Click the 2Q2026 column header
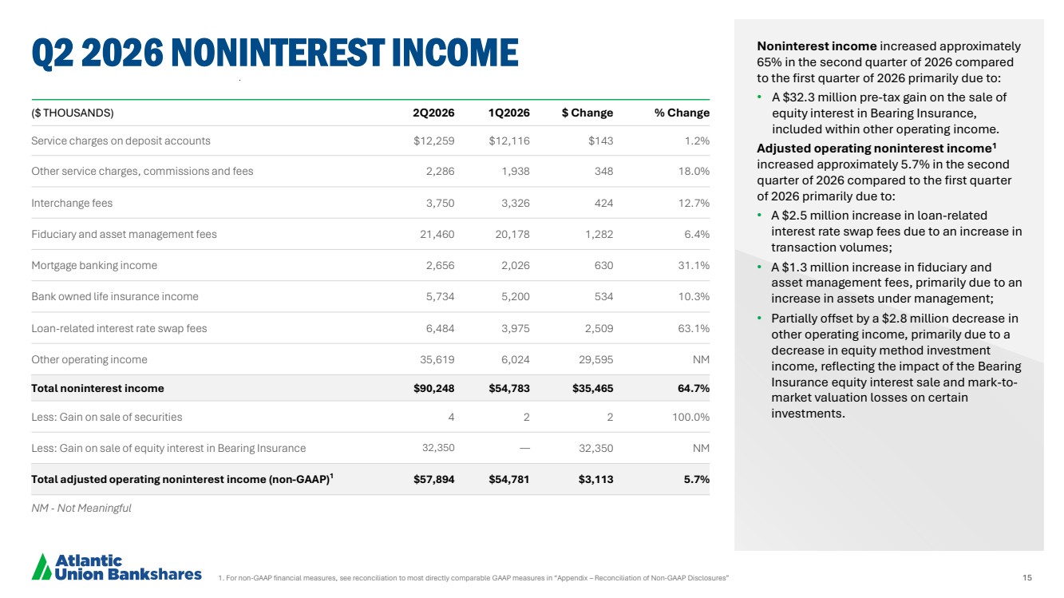[433, 113]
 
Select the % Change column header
[682, 113]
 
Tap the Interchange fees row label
[72, 203]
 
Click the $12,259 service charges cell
[433, 141]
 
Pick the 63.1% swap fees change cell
[694, 328]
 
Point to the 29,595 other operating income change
[595, 359]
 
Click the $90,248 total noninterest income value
[433, 388]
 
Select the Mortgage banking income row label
[94, 265]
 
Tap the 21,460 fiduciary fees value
[437, 234]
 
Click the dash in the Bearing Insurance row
[524, 448]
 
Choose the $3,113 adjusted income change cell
[595, 479]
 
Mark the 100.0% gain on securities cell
[690, 417]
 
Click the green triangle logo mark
[42, 567]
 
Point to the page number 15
[1027, 577]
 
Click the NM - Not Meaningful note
[81, 508]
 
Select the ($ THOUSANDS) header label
[73, 113]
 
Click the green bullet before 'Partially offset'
[760, 318]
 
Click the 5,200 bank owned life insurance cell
[516, 296]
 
